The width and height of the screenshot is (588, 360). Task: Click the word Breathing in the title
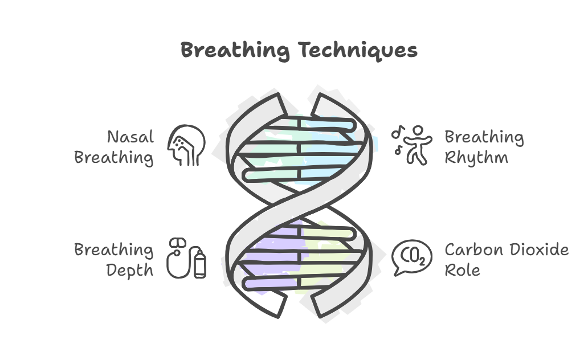(x=235, y=50)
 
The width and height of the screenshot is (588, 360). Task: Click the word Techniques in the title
(x=358, y=51)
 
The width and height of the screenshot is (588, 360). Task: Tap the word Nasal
(x=130, y=137)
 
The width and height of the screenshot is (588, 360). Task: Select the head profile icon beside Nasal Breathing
(x=186, y=145)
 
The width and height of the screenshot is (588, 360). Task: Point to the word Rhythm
(x=476, y=157)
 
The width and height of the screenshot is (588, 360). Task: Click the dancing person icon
(x=415, y=145)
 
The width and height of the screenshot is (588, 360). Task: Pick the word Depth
(x=130, y=270)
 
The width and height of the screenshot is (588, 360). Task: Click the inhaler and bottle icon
(x=186, y=259)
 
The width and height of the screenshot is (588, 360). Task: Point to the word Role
(x=462, y=270)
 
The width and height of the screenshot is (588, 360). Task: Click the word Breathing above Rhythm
(x=484, y=137)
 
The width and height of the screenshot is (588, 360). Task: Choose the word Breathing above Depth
(x=114, y=250)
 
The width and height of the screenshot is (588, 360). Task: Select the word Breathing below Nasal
(x=114, y=157)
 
